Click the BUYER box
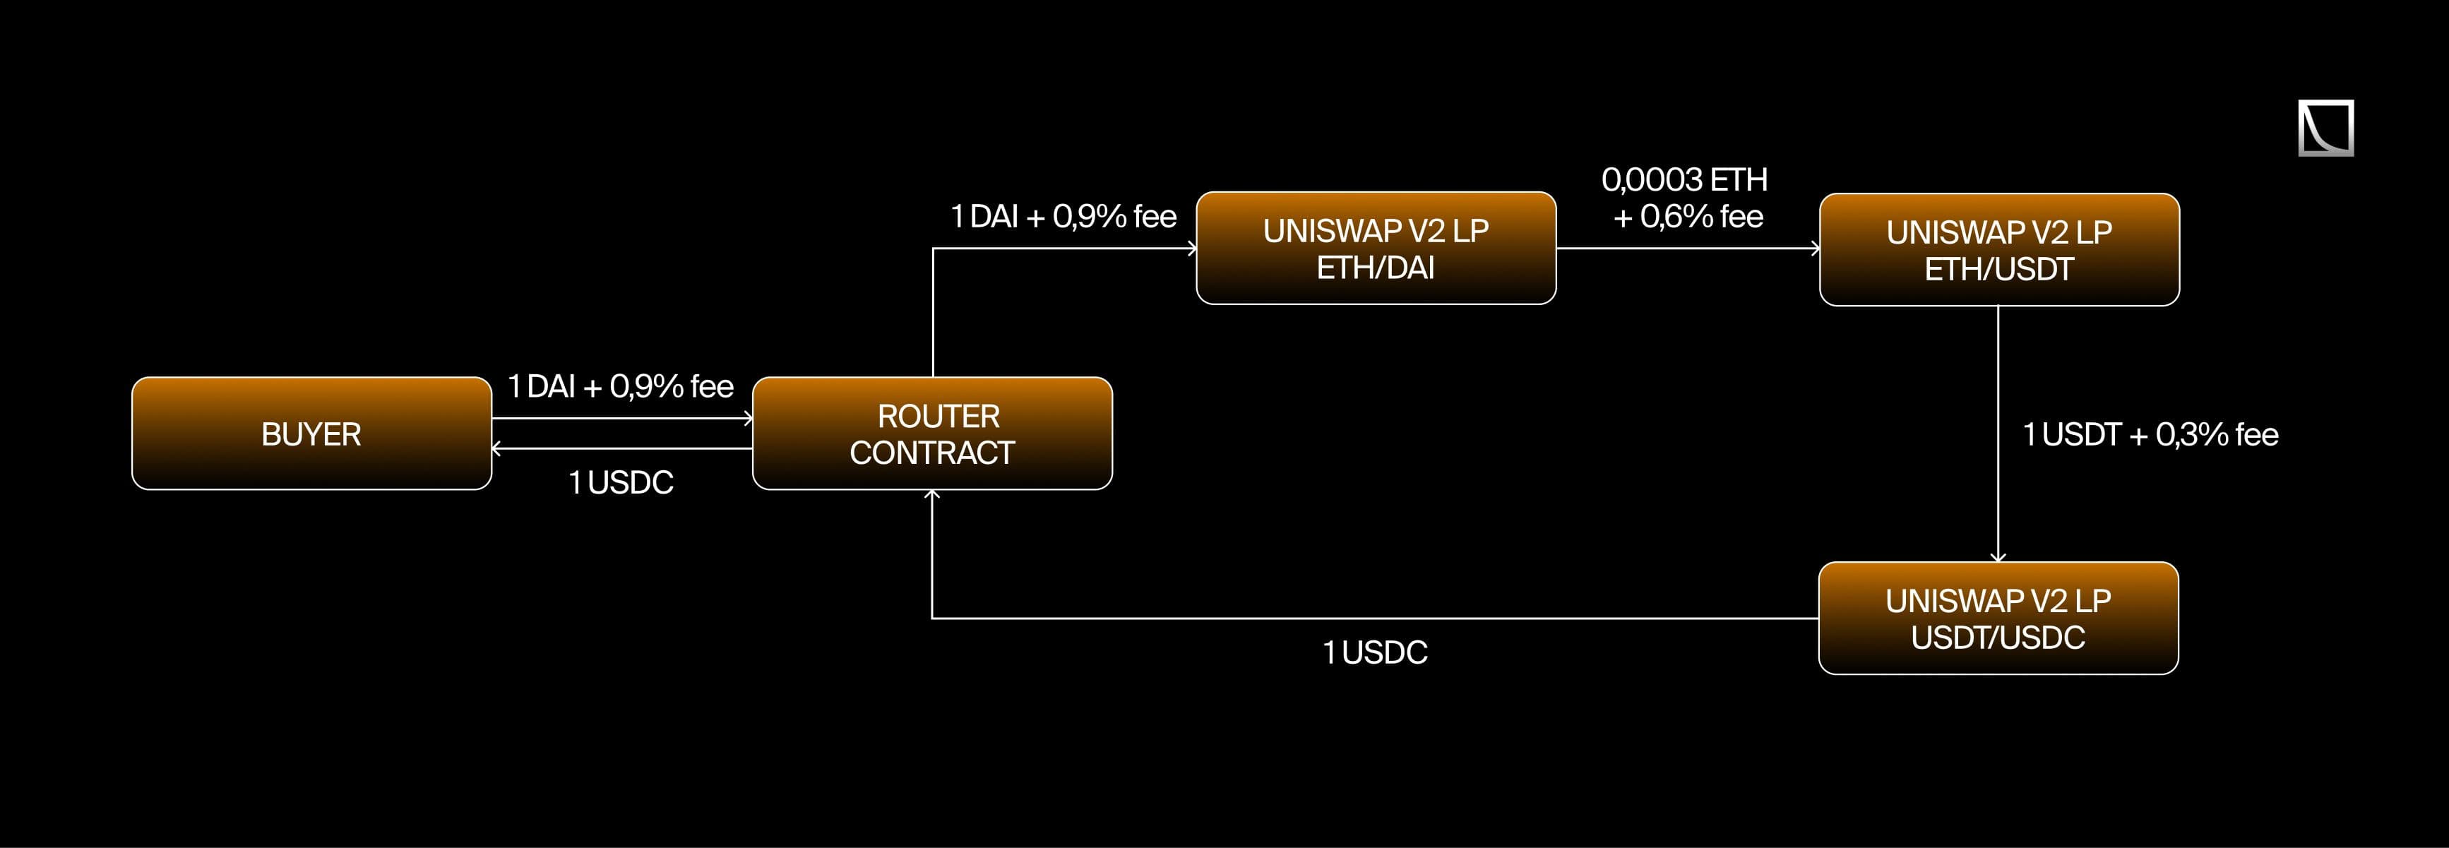pyautogui.click(x=311, y=434)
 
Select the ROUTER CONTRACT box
pyautogui.click(x=931, y=434)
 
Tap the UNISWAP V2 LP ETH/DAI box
pyautogui.click(x=1376, y=248)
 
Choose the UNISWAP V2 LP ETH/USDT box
pyautogui.click(x=1998, y=250)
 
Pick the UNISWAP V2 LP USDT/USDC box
pyautogui.click(x=1998, y=618)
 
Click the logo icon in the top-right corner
pyautogui.click(x=2325, y=127)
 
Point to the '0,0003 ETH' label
pyautogui.click(x=1684, y=179)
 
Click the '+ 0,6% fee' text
pyautogui.click(x=1688, y=217)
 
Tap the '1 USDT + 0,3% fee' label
pyautogui.click(x=2150, y=434)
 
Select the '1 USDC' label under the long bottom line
pyautogui.click(x=1375, y=652)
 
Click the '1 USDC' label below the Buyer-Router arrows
pyautogui.click(x=621, y=483)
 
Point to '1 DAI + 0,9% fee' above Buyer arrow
pyautogui.click(x=620, y=386)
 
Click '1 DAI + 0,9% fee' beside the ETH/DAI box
pyautogui.click(x=1063, y=217)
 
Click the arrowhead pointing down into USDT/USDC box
pyautogui.click(x=1998, y=557)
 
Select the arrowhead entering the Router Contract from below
pyautogui.click(x=931, y=494)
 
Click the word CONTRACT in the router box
pyautogui.click(x=931, y=453)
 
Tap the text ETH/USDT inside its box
pyautogui.click(x=1998, y=270)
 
